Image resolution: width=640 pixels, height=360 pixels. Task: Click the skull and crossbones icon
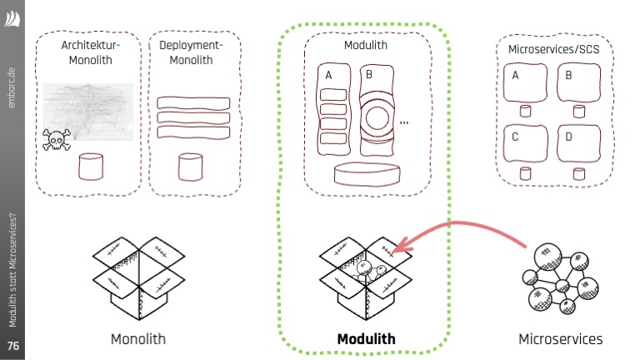(x=57, y=138)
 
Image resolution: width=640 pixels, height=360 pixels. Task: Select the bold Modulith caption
(x=366, y=339)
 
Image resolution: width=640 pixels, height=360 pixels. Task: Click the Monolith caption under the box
(x=138, y=339)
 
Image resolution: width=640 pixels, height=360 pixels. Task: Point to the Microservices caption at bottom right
(x=560, y=339)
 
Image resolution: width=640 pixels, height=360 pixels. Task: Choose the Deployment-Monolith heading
(x=191, y=52)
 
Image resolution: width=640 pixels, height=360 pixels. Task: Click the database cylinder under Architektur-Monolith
(x=91, y=167)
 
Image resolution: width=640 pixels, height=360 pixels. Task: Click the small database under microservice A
(x=525, y=112)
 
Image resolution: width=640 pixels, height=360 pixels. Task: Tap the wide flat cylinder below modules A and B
(x=366, y=174)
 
